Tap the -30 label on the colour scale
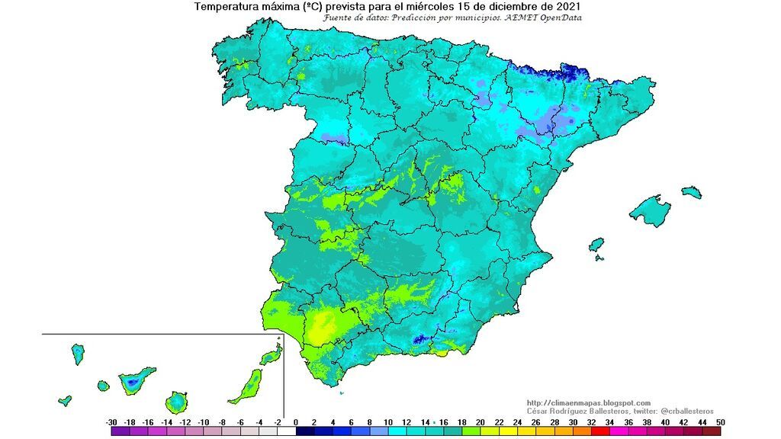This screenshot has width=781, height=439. click(111, 421)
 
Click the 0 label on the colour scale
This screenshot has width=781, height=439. click(296, 421)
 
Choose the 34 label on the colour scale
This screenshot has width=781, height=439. click(610, 421)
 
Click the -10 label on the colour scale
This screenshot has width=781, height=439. click(204, 421)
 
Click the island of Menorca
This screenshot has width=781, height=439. click(691, 191)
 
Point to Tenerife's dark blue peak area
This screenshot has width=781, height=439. click(132, 380)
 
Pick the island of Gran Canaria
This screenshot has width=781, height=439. click(178, 401)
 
